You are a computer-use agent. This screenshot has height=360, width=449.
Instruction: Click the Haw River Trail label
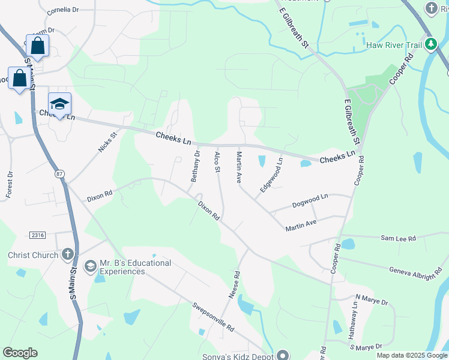point(393,44)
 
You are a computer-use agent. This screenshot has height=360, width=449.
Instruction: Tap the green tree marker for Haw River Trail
point(430,44)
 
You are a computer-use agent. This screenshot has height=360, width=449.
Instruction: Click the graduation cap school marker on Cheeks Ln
point(59,104)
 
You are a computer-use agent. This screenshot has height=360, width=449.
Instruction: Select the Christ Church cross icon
point(68,255)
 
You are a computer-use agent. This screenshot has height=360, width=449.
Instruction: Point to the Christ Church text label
point(33,255)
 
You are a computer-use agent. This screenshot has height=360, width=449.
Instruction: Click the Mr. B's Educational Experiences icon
point(90,265)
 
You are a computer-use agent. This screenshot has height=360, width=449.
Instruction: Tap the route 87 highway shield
point(58,174)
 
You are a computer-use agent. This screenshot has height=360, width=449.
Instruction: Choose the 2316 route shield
point(37,234)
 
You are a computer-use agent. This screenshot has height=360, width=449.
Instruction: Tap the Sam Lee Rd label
point(398,238)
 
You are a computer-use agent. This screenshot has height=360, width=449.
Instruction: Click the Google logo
point(20,353)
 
